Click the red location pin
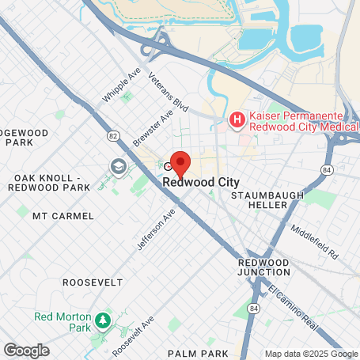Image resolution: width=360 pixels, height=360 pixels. pyautogui.click(x=180, y=163)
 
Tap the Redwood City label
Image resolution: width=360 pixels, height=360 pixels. pyautogui.click(x=201, y=182)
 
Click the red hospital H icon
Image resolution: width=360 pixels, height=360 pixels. pyautogui.click(x=236, y=120)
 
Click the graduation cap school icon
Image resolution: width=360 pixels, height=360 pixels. pyautogui.click(x=119, y=166)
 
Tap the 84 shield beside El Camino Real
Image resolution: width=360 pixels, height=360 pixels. pyautogui.click(x=253, y=307)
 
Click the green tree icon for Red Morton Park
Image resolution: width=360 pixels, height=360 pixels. pyautogui.click(x=101, y=321)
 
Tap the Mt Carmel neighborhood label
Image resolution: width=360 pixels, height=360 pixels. pyautogui.click(x=63, y=215)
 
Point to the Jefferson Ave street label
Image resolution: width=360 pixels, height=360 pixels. pyautogui.click(x=155, y=230)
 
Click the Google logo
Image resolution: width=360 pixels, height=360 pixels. pyautogui.click(x=26, y=350)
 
